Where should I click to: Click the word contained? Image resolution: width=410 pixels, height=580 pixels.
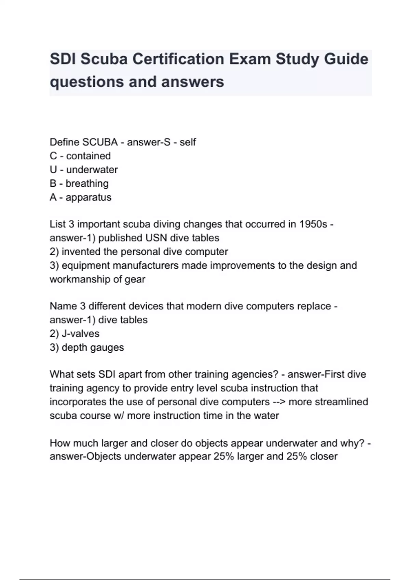88,156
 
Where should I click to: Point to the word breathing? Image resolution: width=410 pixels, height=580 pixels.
87,184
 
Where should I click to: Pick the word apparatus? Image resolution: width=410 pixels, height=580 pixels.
88,197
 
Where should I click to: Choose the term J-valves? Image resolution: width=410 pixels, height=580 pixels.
81,334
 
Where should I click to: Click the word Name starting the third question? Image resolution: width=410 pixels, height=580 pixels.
63,306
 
